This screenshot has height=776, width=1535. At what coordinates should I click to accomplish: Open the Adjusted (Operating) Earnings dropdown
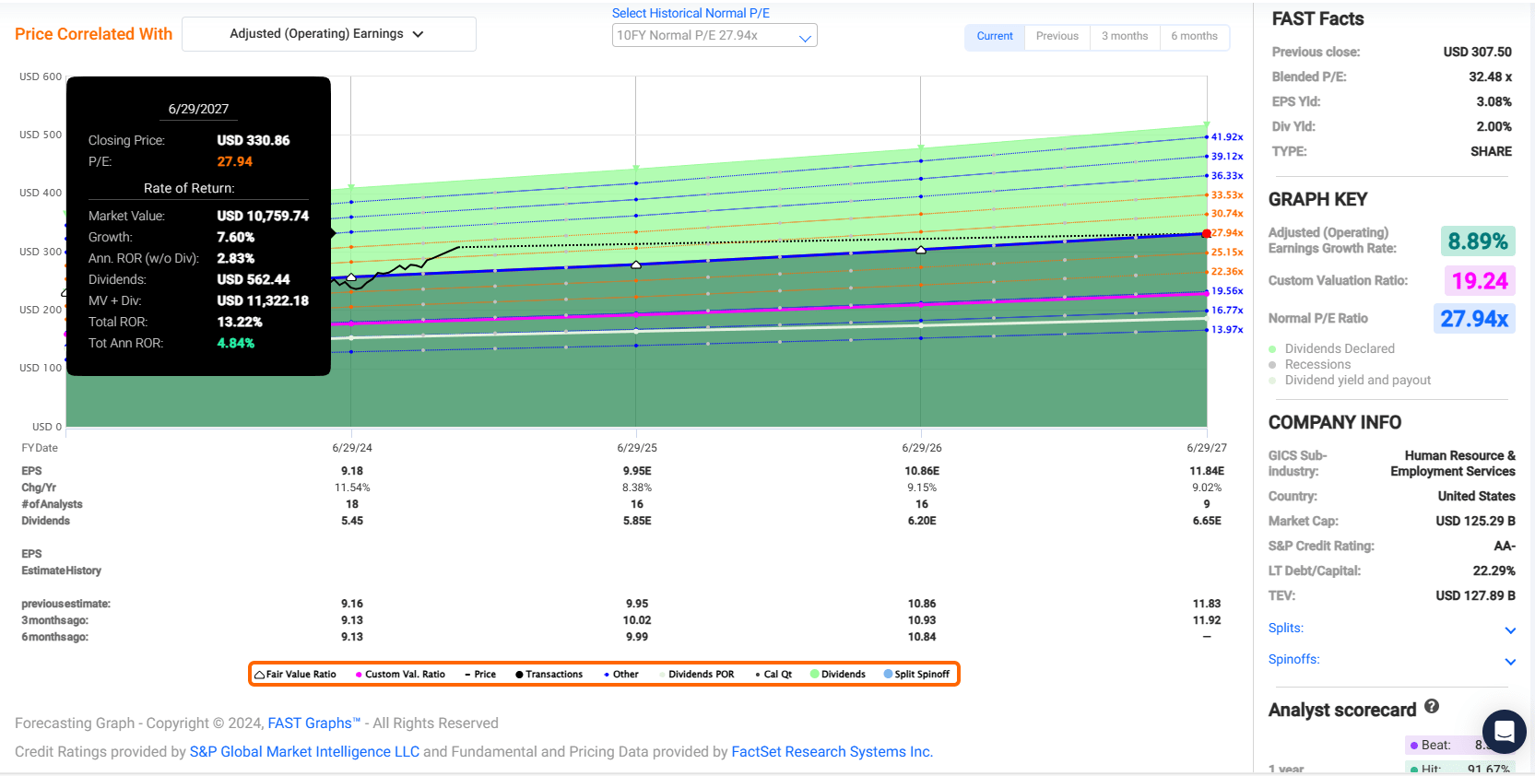tap(328, 34)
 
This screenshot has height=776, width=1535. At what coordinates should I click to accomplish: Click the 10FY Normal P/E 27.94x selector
tap(714, 36)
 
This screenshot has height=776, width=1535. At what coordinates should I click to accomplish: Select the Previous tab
tap(1057, 36)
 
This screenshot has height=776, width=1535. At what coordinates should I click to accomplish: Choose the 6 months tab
tap(1194, 36)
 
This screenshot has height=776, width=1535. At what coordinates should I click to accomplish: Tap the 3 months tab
tap(1125, 36)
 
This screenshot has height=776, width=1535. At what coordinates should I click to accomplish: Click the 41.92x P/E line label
tap(1227, 137)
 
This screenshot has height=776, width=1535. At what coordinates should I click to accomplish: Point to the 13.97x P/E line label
tap(1227, 330)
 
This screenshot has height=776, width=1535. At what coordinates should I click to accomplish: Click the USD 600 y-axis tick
tap(41, 76)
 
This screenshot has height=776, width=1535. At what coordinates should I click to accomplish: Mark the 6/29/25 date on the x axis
tap(637, 448)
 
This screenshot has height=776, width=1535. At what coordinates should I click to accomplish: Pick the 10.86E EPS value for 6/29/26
tap(922, 471)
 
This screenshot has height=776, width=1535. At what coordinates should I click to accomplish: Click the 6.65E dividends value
tap(1207, 521)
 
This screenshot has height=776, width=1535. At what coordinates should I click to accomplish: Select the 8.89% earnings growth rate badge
tap(1477, 241)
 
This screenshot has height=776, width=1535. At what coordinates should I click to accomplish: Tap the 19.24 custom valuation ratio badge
tap(1479, 280)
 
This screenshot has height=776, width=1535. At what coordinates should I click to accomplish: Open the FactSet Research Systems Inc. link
tap(832, 752)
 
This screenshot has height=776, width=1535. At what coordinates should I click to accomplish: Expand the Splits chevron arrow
tap(1510, 630)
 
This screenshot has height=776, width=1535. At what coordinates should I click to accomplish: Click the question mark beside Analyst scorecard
tap(1432, 706)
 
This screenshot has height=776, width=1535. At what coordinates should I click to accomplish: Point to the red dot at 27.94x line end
tap(1207, 234)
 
